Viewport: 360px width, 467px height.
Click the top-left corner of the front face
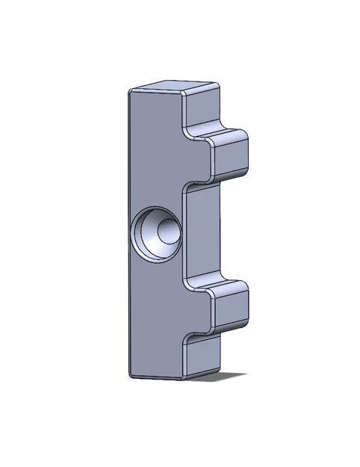(130, 92)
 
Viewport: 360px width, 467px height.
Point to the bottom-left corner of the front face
(131, 373)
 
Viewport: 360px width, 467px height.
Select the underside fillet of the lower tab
(217, 329)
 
